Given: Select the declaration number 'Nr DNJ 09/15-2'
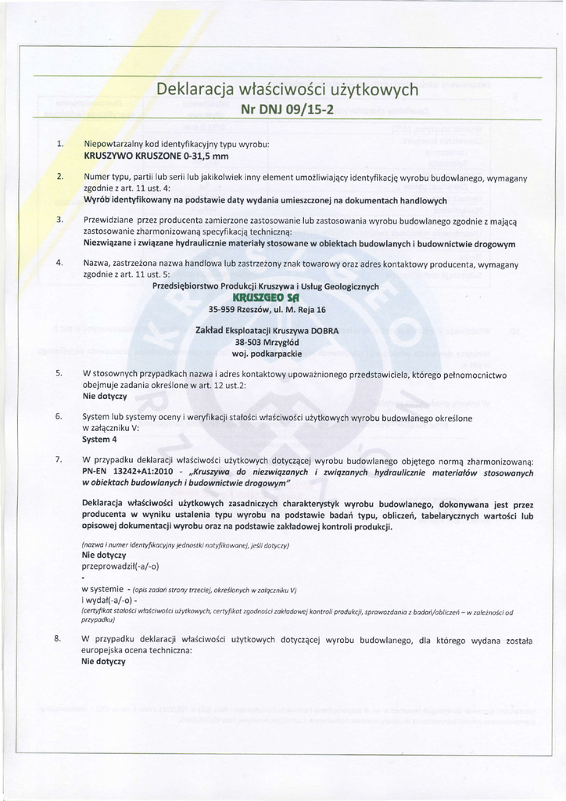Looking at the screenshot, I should (287, 109).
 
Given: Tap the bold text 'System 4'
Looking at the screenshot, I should (99, 439).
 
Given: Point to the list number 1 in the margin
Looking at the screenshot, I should (60, 145).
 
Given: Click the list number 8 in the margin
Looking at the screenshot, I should (58, 638).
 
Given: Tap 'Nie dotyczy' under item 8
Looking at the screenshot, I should (104, 661).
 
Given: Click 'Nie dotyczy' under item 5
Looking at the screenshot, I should (104, 397).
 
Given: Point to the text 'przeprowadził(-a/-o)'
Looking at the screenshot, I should (120, 566).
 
